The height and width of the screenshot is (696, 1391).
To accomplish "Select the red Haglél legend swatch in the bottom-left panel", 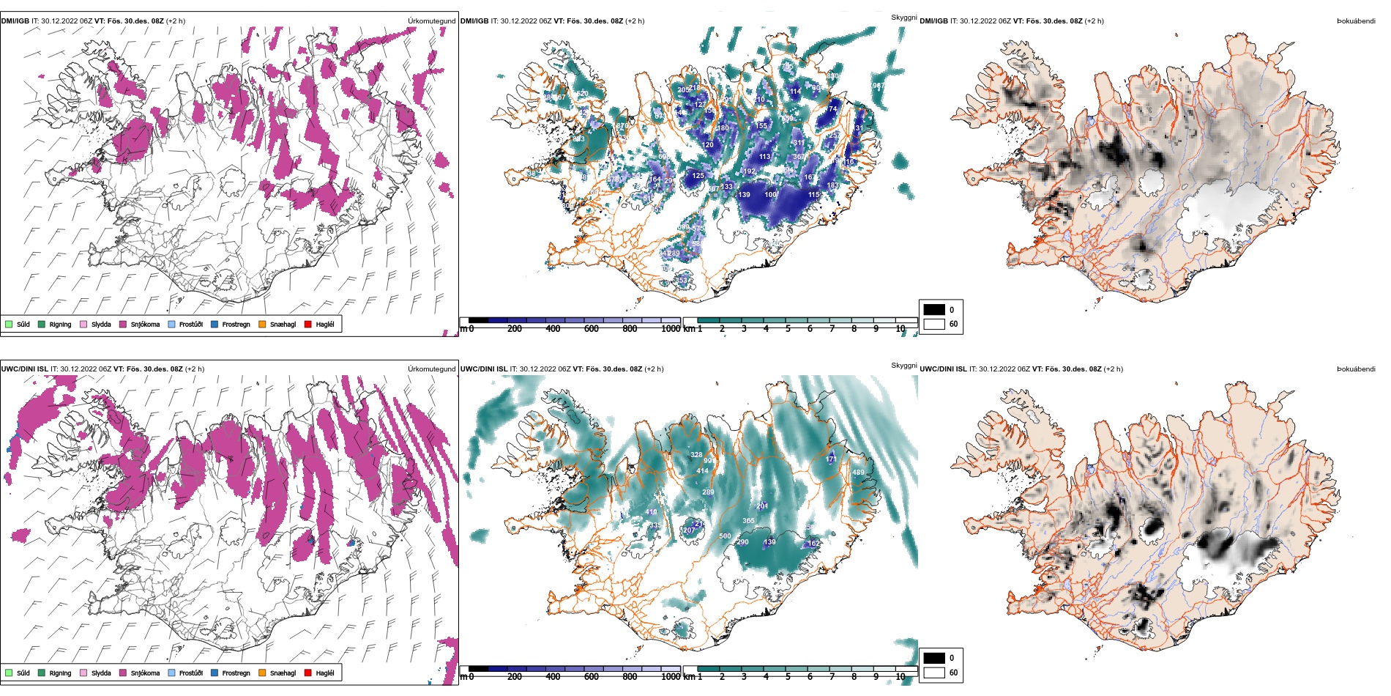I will pyautogui.click(x=308, y=673).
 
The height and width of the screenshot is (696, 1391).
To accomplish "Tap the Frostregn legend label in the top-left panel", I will pyautogui.click(x=236, y=324).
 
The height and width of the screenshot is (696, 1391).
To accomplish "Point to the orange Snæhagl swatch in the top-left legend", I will pyautogui.click(x=262, y=324).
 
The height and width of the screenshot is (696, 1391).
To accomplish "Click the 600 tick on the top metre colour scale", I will pyautogui.click(x=591, y=329).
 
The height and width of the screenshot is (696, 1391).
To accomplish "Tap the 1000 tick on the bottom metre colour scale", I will pyautogui.click(x=670, y=677).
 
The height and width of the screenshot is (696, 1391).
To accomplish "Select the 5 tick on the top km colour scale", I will pyautogui.click(x=788, y=329).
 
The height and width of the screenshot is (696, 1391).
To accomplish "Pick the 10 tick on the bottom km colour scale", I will pyautogui.click(x=900, y=677).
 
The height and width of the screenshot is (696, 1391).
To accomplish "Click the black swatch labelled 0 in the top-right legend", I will pyautogui.click(x=934, y=309).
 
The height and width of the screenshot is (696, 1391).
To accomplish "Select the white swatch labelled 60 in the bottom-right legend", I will pyautogui.click(x=934, y=672).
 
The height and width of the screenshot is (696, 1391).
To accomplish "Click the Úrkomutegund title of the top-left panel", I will pyautogui.click(x=431, y=21).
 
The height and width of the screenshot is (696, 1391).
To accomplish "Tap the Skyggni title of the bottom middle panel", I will pyautogui.click(x=903, y=365).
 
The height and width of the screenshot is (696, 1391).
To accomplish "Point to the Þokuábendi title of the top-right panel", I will pyautogui.click(x=1356, y=21).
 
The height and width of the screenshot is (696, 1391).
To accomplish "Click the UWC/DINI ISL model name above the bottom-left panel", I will pyautogui.click(x=24, y=369).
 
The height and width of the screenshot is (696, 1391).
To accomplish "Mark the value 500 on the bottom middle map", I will pyautogui.click(x=725, y=536).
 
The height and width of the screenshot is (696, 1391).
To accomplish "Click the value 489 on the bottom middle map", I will pyautogui.click(x=858, y=473).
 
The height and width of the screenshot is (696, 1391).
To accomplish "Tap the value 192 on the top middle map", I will pyautogui.click(x=749, y=171).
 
